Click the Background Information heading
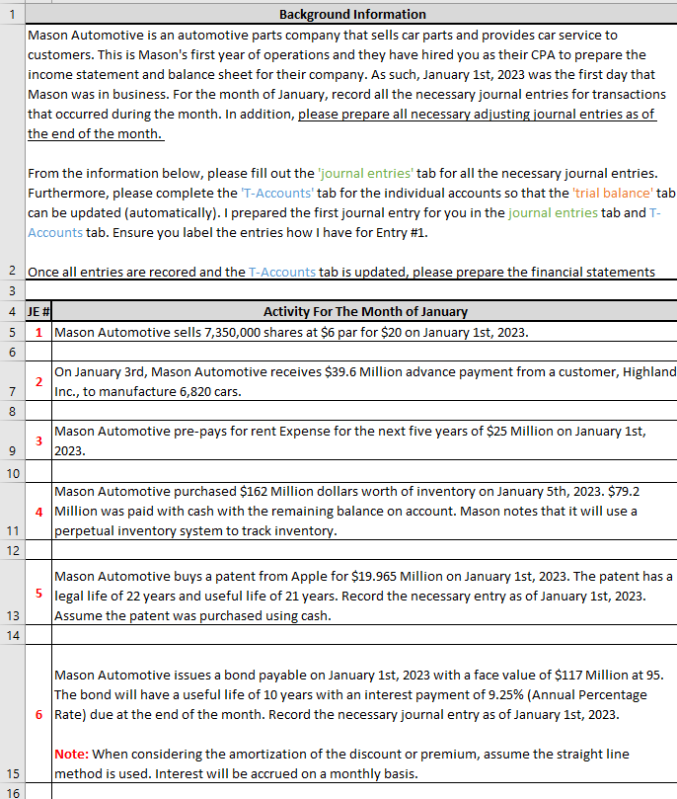pos(352,14)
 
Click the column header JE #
pos(38,311)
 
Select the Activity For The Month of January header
pos(365,311)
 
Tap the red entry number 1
pos(38,332)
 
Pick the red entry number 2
pos(38,381)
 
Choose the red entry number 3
pos(38,440)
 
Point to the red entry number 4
pos(38,512)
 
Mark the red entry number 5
pos(38,594)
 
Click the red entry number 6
pos(38,714)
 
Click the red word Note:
pos(71,755)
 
